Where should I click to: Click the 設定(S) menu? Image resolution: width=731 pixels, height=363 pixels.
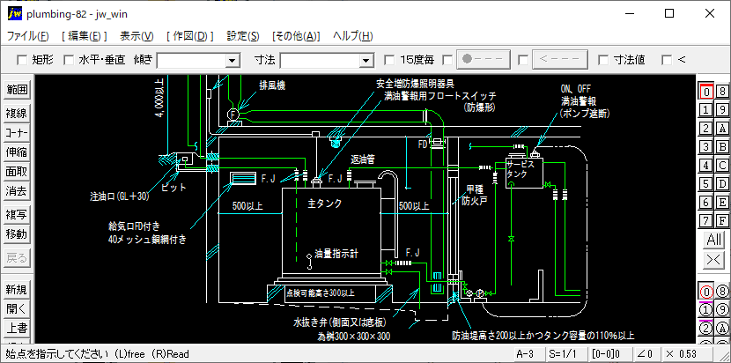pyautogui.click(x=242, y=36)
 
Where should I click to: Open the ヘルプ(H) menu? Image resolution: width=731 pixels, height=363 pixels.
pyautogui.click(x=352, y=36)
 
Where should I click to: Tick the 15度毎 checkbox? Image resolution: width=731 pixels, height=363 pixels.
pyautogui.click(x=390, y=60)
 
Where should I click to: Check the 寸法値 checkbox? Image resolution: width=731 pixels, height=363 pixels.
pyautogui.click(x=603, y=60)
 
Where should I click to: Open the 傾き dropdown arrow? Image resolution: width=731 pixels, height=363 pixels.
pyautogui.click(x=233, y=60)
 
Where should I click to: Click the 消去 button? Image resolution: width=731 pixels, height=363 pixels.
pyautogui.click(x=17, y=190)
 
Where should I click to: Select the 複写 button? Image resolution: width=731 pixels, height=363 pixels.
pyautogui.click(x=17, y=215)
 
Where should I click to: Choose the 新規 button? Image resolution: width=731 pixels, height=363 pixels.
pyautogui.click(x=17, y=290)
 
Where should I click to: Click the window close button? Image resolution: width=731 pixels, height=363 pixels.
pyautogui.click(x=708, y=13)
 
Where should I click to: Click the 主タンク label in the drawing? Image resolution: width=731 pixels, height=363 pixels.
pyautogui.click(x=324, y=204)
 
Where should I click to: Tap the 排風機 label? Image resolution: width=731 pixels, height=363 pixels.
pyautogui.click(x=272, y=85)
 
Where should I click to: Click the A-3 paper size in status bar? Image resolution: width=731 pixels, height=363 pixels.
pyautogui.click(x=525, y=353)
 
